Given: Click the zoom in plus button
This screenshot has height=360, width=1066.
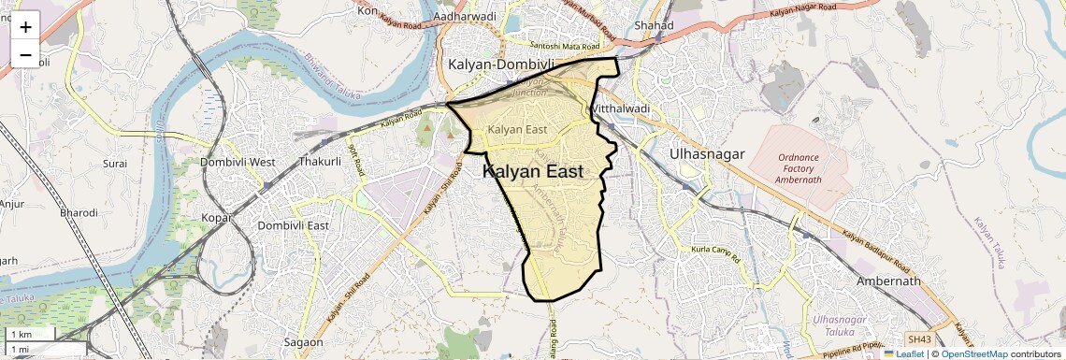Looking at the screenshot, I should [x=25, y=27].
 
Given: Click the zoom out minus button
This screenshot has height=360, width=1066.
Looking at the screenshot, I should [x=25, y=55].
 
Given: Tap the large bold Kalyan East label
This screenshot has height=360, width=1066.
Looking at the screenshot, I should [x=533, y=172].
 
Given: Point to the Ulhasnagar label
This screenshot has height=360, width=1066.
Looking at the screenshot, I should [x=705, y=151].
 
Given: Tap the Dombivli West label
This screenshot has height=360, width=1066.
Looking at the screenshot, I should [x=238, y=162].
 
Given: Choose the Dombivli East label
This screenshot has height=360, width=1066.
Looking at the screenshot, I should [x=294, y=225].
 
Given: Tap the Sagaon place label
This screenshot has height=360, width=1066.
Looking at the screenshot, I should [x=303, y=342].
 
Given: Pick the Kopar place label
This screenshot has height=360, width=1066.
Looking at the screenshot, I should [x=217, y=217].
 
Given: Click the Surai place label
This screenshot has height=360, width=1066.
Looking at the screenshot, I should [x=115, y=163].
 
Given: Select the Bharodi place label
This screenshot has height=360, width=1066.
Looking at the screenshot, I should [x=79, y=212].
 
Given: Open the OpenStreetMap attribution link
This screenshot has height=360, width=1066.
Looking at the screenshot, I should [x=973, y=354].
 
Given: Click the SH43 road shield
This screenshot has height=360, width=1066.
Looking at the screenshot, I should [x=919, y=338].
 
